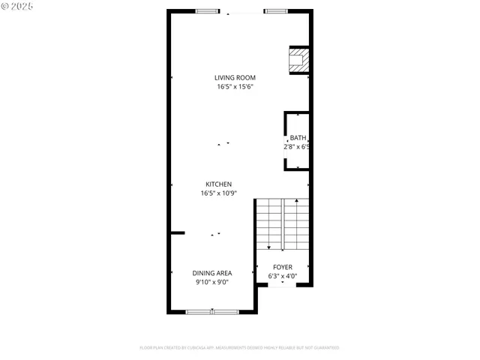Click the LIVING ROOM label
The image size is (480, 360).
point(235,77)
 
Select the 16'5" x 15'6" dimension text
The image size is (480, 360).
point(235,87)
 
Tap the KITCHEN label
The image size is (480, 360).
point(219,184)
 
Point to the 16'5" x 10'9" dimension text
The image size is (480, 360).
point(219,193)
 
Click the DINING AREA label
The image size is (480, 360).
point(212,273)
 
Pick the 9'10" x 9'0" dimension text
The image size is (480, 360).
point(212,283)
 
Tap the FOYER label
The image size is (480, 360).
point(283,267)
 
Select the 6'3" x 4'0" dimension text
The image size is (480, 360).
point(283,276)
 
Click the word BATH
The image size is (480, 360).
point(298,137)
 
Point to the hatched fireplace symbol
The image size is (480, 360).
point(299,60)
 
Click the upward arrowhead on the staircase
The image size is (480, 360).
point(297,201)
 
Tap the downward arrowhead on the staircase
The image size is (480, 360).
point(269,247)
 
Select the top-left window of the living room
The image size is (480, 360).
point(208,11)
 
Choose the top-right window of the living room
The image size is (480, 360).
point(275,11)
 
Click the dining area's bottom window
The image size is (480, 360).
point(212,310)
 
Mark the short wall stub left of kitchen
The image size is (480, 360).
point(177,233)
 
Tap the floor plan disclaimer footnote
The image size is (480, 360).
point(239,348)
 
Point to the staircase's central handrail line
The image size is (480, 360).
point(283,225)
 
